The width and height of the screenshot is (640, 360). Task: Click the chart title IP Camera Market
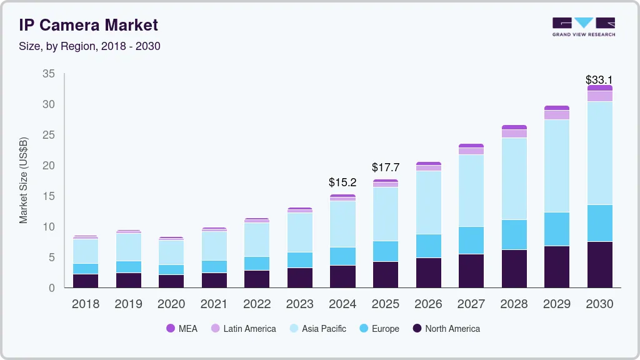(88, 26)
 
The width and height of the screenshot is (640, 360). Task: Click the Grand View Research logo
(583, 27)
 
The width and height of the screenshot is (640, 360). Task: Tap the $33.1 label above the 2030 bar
(599, 80)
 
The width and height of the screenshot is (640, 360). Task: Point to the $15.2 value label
(342, 182)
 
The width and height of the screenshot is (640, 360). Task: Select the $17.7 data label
(385, 167)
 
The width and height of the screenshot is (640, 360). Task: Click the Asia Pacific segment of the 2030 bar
(599, 152)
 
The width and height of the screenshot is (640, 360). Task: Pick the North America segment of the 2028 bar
(514, 269)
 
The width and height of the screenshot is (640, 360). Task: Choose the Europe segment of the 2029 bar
(556, 229)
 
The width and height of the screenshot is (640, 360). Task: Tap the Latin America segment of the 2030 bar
(599, 96)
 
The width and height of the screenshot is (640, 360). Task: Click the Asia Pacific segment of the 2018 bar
(85, 251)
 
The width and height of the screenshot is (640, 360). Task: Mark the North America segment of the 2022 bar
(257, 279)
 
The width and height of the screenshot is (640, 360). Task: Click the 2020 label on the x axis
(171, 304)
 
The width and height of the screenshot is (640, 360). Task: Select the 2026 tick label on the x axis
(428, 304)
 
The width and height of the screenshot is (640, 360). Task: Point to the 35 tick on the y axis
(48, 74)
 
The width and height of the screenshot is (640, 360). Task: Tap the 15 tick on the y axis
(48, 196)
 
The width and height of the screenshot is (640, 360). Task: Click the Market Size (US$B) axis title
(24, 180)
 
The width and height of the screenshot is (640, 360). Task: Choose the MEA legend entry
(182, 329)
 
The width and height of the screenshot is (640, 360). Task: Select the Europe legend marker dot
(364, 329)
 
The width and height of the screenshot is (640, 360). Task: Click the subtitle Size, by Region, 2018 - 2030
(89, 47)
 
